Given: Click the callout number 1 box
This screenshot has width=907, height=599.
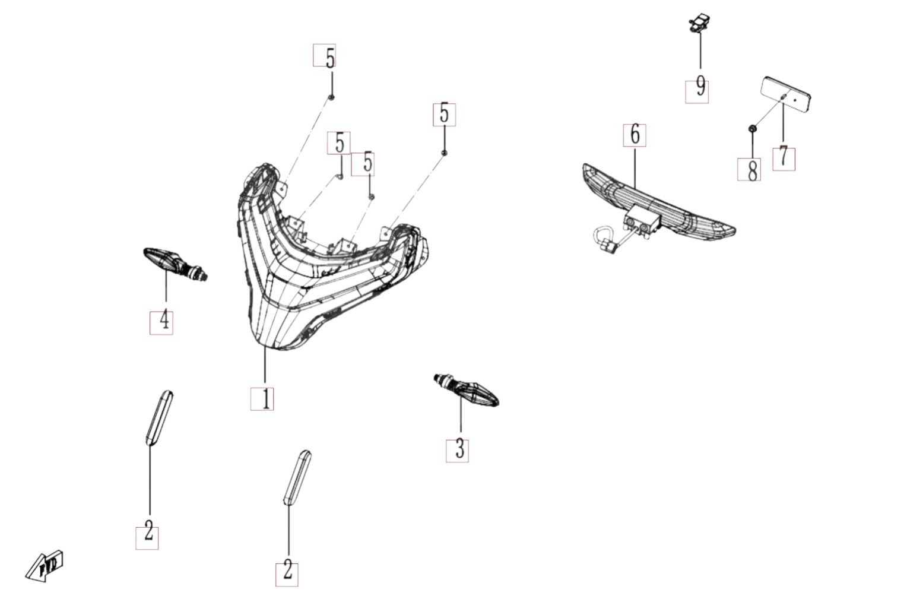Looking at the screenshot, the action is point(262,399).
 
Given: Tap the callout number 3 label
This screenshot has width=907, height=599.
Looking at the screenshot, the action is point(457,451).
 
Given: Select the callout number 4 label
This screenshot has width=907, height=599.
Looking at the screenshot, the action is point(161,323).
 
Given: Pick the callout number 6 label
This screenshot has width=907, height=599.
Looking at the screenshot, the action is point(635,135).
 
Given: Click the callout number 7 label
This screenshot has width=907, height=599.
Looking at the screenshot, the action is point(784,159).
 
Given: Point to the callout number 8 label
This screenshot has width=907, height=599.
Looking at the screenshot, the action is point(749,169).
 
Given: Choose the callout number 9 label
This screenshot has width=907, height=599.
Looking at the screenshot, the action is point(697,91).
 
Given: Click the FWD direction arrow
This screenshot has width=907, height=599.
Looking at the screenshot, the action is point(45,566).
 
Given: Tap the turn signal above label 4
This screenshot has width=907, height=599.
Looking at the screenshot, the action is point(175,264).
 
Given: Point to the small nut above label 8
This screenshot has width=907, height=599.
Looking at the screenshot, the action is point(752,129).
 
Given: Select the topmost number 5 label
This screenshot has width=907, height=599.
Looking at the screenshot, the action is point(325,55).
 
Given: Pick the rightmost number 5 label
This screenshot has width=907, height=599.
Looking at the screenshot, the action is point(444,115).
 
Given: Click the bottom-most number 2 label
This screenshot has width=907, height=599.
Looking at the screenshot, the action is point(287,575).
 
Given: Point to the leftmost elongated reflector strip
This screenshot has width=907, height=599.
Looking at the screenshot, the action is point(159,418).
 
